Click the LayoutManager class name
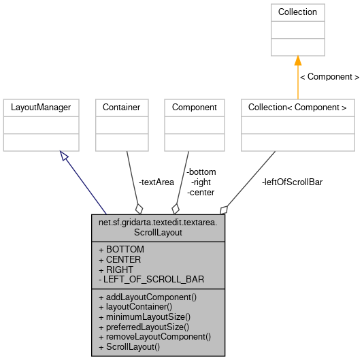point(41,108)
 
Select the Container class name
point(121,108)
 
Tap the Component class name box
point(194,108)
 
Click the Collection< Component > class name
point(297,108)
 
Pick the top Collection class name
point(297,12)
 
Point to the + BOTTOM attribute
point(121,249)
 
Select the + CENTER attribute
point(120,259)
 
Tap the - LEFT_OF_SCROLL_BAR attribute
point(151,280)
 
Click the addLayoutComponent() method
point(148,297)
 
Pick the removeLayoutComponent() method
point(154,336)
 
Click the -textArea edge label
point(156,182)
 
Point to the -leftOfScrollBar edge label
point(292,182)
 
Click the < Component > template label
point(329,77)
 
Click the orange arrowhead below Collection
point(297,61)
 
